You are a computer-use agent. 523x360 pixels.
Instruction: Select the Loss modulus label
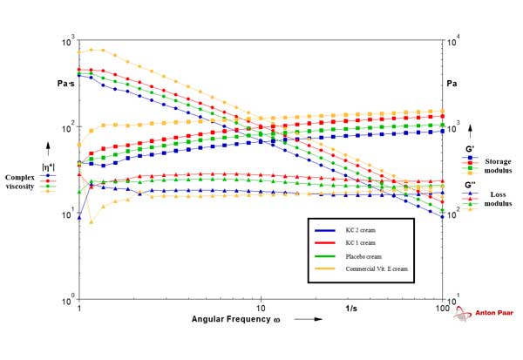click(x=497, y=200)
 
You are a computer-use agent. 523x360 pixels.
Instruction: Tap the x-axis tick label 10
click(x=261, y=309)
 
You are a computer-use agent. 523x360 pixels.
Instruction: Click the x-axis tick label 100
click(x=442, y=309)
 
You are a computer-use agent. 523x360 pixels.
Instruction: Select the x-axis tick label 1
click(x=79, y=309)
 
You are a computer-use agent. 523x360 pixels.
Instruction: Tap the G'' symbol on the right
click(x=470, y=185)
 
